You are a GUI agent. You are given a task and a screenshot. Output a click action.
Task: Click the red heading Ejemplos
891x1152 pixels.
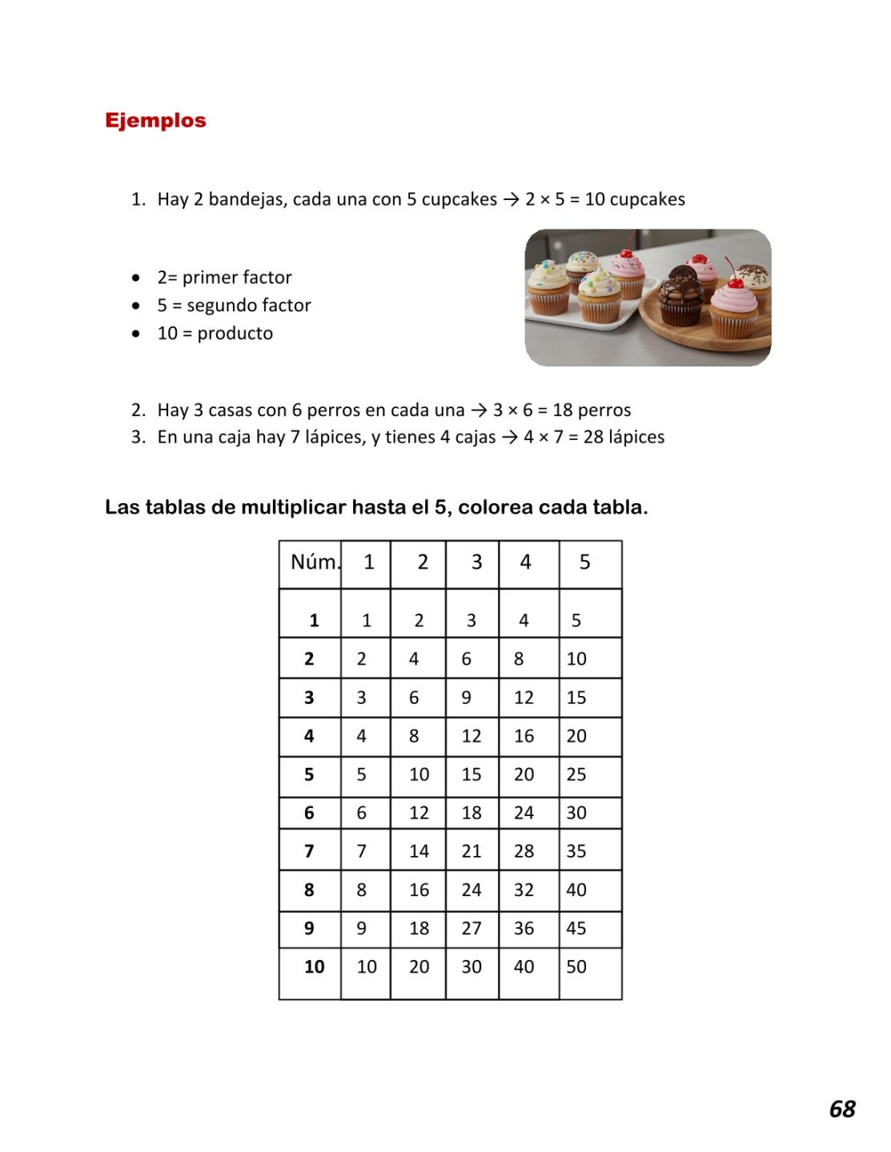(x=155, y=121)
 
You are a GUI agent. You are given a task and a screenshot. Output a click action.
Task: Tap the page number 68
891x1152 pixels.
(x=842, y=1109)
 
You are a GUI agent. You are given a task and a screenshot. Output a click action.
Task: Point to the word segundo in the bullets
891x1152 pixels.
(x=216, y=306)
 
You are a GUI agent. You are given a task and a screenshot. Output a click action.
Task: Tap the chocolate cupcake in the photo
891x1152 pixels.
(x=681, y=296)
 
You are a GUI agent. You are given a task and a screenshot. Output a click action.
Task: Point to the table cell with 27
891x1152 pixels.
(x=472, y=928)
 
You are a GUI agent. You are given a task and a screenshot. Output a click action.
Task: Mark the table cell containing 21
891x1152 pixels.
(x=472, y=851)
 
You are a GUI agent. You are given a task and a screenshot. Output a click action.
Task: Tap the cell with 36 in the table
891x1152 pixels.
(x=524, y=928)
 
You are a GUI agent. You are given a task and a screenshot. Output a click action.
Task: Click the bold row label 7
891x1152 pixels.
(x=309, y=851)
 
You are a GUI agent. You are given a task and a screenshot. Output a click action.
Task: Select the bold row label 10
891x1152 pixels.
(x=314, y=966)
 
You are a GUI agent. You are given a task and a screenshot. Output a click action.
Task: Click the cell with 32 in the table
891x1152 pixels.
(x=524, y=890)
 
